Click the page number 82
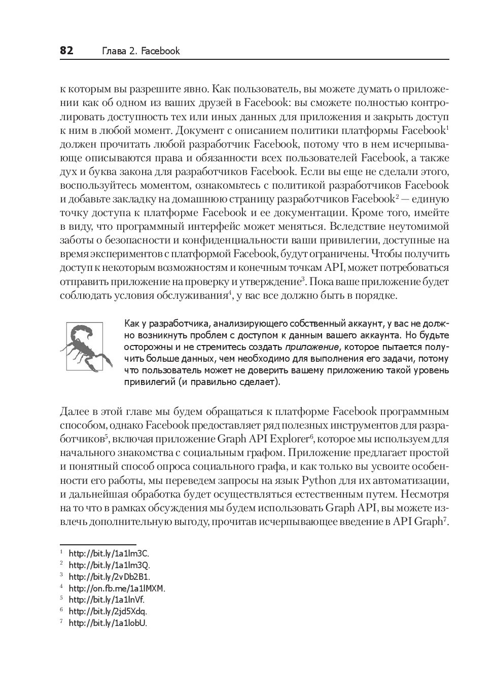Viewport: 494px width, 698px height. coord(66,51)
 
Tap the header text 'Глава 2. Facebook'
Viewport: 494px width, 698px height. coord(141,51)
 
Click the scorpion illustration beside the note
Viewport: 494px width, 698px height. coord(86,346)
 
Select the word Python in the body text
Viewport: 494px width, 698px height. coord(319,480)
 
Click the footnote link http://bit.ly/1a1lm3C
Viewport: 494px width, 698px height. coord(109,553)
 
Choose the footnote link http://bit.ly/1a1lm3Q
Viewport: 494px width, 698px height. coord(109,565)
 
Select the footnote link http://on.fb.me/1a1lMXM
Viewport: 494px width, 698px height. coord(117,588)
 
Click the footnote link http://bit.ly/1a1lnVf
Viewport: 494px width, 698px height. coord(107,600)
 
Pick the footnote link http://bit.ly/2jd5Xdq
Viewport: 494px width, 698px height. coord(108,612)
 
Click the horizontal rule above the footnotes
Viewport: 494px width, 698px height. coord(98,543)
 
